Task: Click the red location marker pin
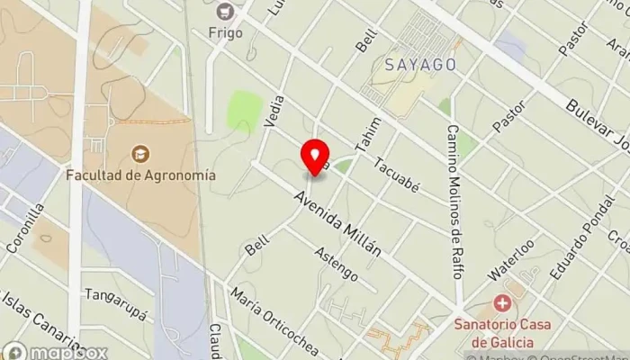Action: [x=315, y=157]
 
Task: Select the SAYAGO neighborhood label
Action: [x=419, y=65]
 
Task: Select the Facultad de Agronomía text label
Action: [x=139, y=175]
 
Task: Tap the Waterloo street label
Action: [x=511, y=259]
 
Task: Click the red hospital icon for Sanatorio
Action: [x=502, y=304]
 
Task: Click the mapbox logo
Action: [x=56, y=352]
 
